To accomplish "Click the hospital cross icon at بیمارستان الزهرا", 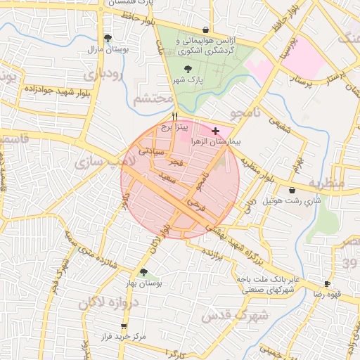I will (x=215, y=131).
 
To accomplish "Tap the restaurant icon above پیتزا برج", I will (x=174, y=117).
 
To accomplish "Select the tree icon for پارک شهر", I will (x=187, y=69).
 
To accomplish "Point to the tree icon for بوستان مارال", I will (x=107, y=39).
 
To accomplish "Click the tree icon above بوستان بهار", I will (x=144, y=272).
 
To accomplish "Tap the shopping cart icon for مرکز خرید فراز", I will (x=124, y=326).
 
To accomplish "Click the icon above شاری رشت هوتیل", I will (x=292, y=190).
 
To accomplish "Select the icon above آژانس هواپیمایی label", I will (x=205, y=30).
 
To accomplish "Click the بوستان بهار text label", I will (x=144, y=283).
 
